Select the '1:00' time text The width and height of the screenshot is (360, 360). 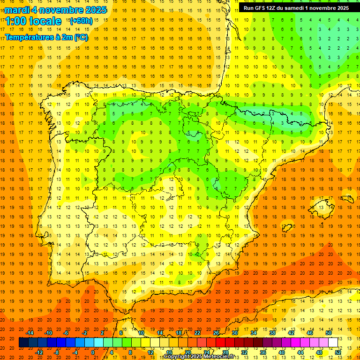click(18, 21)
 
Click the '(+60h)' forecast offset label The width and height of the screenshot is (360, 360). click(81, 21)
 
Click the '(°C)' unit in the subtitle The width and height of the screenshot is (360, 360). click(80, 37)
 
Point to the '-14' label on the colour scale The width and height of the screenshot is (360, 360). click(30, 333)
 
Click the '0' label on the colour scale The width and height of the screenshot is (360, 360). click(93, 352)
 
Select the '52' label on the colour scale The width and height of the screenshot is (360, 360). click(338, 352)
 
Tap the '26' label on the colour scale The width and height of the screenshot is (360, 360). click(216, 333)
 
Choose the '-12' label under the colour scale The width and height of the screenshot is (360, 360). click(39, 352)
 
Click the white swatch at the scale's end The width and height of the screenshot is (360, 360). click(333, 342)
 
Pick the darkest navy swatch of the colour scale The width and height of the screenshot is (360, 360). click(23, 342)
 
